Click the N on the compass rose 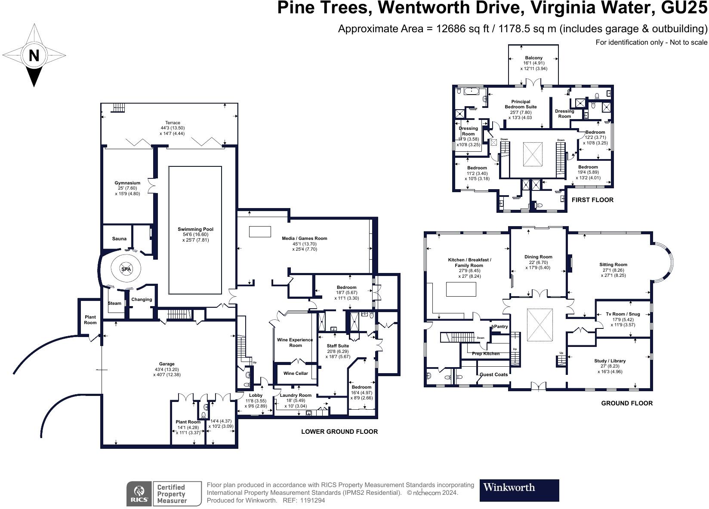(34, 55)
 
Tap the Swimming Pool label (195, 229)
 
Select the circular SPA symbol (126, 269)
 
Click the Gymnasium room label (127, 183)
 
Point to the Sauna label (119, 239)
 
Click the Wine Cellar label (296, 373)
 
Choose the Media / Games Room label (305, 238)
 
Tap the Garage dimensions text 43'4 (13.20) (166, 369)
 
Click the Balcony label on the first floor (533, 58)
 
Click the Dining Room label (538, 257)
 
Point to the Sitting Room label (613, 265)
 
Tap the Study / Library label (610, 361)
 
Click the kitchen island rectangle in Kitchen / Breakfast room (461, 289)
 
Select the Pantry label (501, 327)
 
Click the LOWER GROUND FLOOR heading (339, 432)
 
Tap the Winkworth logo (519, 490)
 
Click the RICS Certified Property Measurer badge (163, 494)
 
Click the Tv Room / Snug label (623, 314)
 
